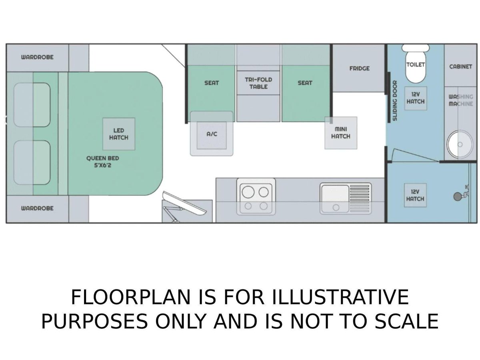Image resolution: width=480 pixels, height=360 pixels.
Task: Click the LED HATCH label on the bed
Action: [118, 134]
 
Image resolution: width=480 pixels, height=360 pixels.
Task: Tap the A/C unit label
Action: [212, 134]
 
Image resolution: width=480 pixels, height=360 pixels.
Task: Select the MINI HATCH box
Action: [341, 133]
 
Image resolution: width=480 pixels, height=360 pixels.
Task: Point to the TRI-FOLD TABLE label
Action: [258, 83]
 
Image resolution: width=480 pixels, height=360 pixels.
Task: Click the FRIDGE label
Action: [360, 69]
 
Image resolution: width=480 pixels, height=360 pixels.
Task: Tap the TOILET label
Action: [416, 65]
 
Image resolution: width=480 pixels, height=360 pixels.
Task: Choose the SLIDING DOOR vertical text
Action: [395, 100]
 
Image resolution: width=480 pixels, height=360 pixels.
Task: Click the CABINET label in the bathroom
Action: [460, 66]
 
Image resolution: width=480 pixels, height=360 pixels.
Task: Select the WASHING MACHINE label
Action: [461, 100]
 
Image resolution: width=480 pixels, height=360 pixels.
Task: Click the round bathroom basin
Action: [460, 144]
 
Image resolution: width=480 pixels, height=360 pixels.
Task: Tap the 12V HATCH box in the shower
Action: [415, 195]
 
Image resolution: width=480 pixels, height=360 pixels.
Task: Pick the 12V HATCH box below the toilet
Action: [416, 98]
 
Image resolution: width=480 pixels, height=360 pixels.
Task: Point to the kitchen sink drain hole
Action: [336, 207]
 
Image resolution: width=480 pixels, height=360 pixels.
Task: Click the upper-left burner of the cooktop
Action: [248, 192]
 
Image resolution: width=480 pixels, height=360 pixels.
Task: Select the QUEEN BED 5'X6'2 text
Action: [102, 162]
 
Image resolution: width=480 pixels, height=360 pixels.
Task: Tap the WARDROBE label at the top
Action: [37, 57]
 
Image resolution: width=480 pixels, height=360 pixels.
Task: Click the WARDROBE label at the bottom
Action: [37, 208]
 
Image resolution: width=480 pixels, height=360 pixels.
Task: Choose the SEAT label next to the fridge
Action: [305, 83]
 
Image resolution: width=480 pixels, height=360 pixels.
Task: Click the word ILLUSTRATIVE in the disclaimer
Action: [340, 297]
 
